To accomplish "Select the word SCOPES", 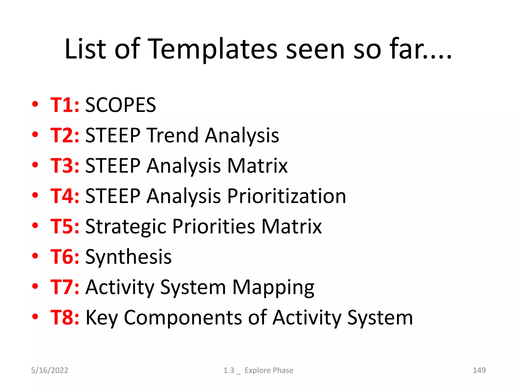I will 121,105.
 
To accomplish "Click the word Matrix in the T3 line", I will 257,166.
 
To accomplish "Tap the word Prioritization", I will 287,196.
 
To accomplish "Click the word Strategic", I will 126,226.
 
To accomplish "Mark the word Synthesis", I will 128,257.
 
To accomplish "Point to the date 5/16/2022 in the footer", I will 49,370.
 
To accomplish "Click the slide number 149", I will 479,370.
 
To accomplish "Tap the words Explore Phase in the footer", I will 269,370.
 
